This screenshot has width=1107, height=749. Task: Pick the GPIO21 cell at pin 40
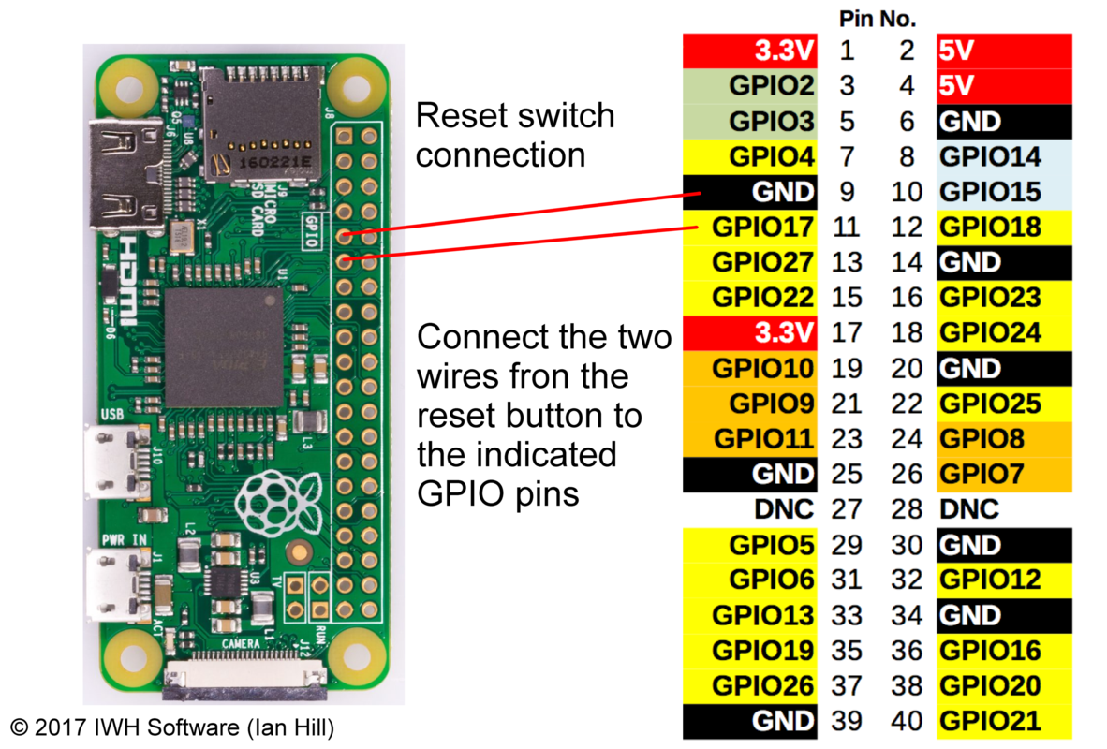click(x=1003, y=721)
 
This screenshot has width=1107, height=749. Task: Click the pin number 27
click(x=847, y=509)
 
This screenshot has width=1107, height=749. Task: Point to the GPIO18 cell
click(x=1003, y=227)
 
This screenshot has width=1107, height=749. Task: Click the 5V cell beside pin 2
click(x=1003, y=51)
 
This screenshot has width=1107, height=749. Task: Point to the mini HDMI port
click(x=117, y=175)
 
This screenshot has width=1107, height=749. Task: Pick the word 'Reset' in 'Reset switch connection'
click(x=459, y=117)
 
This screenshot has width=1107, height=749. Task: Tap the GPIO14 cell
click(x=1003, y=156)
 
